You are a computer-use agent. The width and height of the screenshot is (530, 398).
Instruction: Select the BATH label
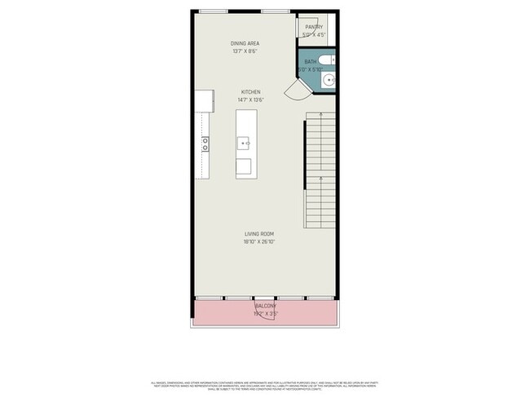pyautogui.click(x=311, y=61)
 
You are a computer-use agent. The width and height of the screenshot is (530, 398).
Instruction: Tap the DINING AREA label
pyautogui.click(x=245, y=42)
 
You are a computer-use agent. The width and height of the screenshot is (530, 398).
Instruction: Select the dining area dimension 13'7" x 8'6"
pyautogui.click(x=245, y=51)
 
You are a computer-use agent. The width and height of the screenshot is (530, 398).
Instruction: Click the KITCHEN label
pyautogui.click(x=250, y=92)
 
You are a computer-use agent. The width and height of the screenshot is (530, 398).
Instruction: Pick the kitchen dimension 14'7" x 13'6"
pyautogui.click(x=250, y=100)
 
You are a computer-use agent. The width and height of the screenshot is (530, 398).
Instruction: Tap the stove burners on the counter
pyautogui.click(x=205, y=144)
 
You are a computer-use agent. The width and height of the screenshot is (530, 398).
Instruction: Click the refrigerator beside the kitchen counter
pyautogui.click(x=204, y=101)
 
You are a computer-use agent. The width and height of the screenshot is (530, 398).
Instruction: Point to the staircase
pyautogui.click(x=320, y=171)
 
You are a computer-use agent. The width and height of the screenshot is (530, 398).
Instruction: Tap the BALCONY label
pyautogui.click(x=265, y=305)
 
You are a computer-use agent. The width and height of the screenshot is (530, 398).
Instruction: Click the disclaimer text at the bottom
pyautogui.click(x=265, y=384)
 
